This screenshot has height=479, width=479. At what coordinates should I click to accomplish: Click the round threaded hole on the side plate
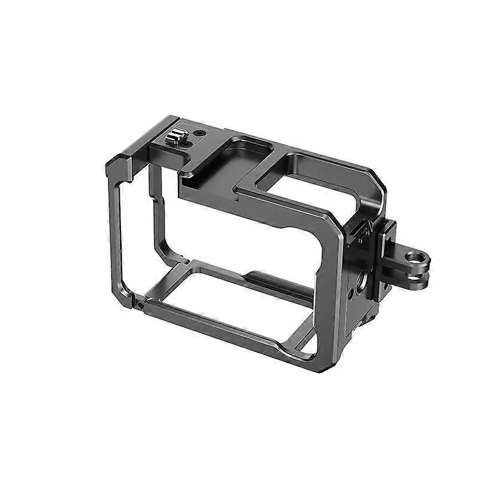pos(362,280)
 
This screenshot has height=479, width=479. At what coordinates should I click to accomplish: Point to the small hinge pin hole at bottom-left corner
pos(140,305)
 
